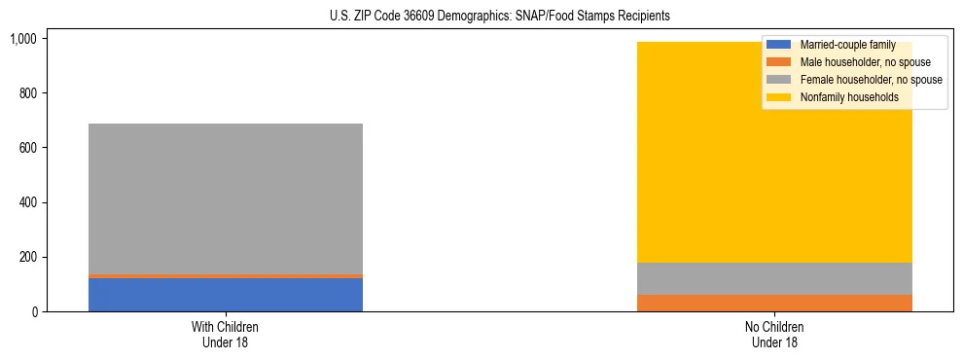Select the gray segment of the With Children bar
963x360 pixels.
225,198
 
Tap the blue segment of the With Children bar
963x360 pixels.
225,295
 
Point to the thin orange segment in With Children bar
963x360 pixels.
225,276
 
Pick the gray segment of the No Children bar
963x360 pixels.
774,278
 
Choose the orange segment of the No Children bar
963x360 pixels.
774,303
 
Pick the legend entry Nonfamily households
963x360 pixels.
843,97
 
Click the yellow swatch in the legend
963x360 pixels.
779,97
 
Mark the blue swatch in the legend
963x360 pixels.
779,45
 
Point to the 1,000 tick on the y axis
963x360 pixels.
22,39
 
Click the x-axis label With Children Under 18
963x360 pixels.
225,335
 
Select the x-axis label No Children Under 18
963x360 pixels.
774,335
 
